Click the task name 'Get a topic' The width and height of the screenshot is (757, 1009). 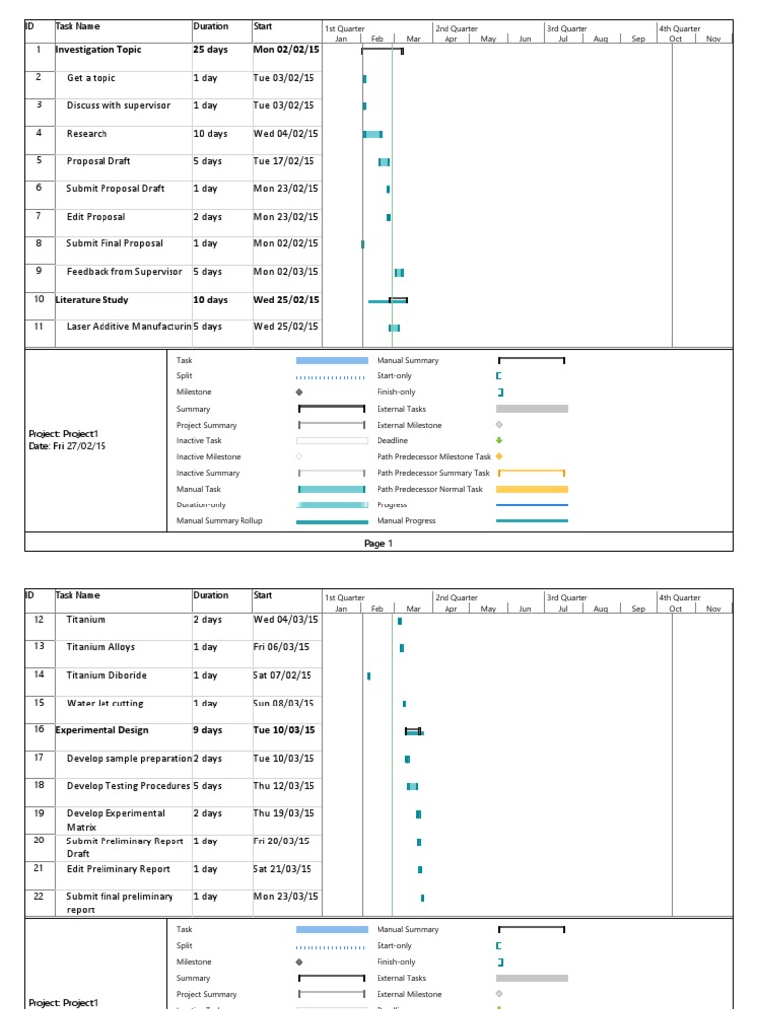91,78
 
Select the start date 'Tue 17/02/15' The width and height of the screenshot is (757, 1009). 284,161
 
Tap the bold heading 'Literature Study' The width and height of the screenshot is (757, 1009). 92,300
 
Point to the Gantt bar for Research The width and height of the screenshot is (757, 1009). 373,134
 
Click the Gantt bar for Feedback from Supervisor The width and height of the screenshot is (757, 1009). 399,272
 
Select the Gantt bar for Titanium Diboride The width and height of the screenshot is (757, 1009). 369,676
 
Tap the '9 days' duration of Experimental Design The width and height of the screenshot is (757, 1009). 208,730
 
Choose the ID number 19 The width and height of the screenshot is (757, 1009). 39,813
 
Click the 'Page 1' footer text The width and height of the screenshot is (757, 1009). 378,543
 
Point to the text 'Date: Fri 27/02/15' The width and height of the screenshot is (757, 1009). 67,446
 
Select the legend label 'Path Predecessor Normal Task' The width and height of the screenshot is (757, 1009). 430,489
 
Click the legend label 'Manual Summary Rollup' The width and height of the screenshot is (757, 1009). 220,521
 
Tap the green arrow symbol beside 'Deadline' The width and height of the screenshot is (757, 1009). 499,440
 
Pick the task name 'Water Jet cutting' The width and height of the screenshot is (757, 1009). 104,704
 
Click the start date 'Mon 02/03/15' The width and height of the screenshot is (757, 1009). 286,271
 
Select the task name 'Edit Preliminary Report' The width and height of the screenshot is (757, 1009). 118,869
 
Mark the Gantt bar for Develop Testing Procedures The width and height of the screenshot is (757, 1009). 412,786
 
